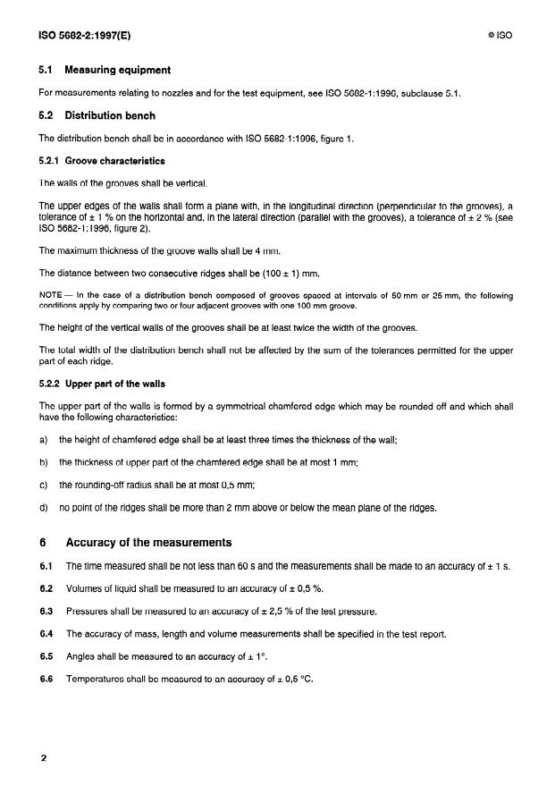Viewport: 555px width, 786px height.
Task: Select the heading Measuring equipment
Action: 118,70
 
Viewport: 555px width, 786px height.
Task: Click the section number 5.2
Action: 46,115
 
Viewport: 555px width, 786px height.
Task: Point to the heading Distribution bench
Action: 110,115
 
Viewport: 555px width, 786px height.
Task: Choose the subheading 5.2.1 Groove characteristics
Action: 101,161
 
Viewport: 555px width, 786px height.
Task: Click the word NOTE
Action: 53,294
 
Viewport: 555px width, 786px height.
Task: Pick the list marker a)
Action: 44,440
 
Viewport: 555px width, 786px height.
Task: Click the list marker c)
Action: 44,485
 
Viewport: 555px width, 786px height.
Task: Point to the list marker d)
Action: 44,508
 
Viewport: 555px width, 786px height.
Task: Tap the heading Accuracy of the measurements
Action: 148,543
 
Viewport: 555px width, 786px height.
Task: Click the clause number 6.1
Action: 46,567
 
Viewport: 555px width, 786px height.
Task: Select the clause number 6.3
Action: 46,612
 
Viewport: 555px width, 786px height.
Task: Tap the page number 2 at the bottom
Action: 43,758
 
